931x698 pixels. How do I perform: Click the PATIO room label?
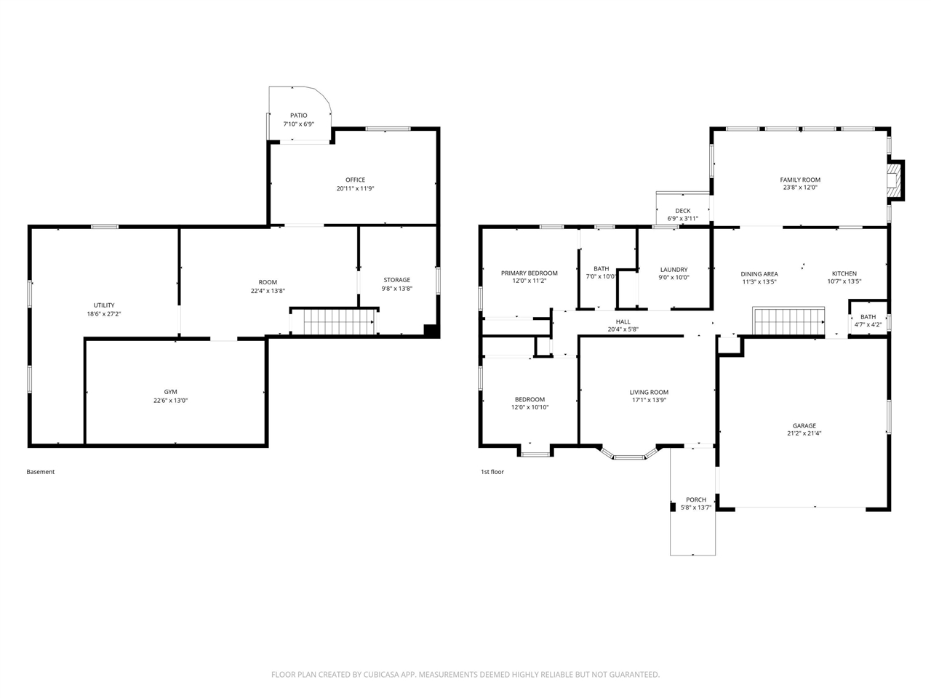(x=299, y=116)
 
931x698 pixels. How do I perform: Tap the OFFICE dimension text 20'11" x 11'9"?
(x=355, y=188)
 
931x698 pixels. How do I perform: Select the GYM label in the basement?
(x=170, y=392)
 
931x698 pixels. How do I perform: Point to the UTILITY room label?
(x=104, y=305)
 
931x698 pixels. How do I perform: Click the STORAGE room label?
(x=396, y=280)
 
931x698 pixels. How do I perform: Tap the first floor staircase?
(x=788, y=321)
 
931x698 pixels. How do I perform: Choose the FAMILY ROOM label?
(x=800, y=180)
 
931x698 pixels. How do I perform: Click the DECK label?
(x=682, y=211)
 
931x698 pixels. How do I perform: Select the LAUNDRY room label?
(x=674, y=270)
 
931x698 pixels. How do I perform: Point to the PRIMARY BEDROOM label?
(x=529, y=273)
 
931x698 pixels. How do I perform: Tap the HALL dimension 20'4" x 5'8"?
(x=623, y=329)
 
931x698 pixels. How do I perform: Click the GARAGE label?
(x=804, y=425)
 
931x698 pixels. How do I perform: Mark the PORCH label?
(x=696, y=500)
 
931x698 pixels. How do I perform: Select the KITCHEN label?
(x=844, y=273)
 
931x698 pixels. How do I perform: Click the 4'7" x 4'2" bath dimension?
(x=868, y=324)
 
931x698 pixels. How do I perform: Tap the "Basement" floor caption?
(x=40, y=472)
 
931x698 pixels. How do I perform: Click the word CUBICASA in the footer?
(x=381, y=674)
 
